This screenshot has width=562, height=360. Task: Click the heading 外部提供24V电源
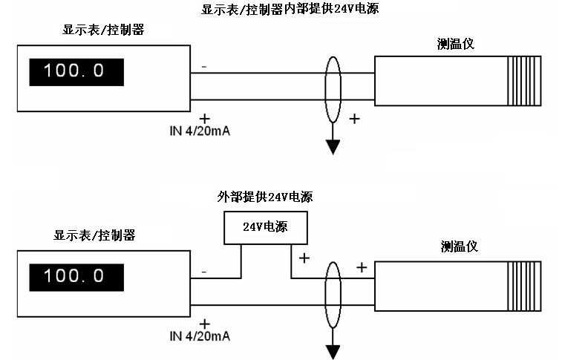(x=264, y=197)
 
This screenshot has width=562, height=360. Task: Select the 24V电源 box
(x=265, y=227)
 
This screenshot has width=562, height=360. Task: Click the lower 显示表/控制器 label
(x=94, y=235)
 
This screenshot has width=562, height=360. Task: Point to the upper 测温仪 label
(x=455, y=43)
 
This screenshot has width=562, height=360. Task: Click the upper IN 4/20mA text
(x=199, y=131)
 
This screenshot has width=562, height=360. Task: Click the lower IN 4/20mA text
(x=199, y=336)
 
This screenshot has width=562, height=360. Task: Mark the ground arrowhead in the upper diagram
(x=333, y=146)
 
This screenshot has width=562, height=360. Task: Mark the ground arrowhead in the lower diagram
(x=333, y=351)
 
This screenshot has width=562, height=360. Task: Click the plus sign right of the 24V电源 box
(x=303, y=258)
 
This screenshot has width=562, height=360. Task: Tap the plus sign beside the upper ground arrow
(x=354, y=118)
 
